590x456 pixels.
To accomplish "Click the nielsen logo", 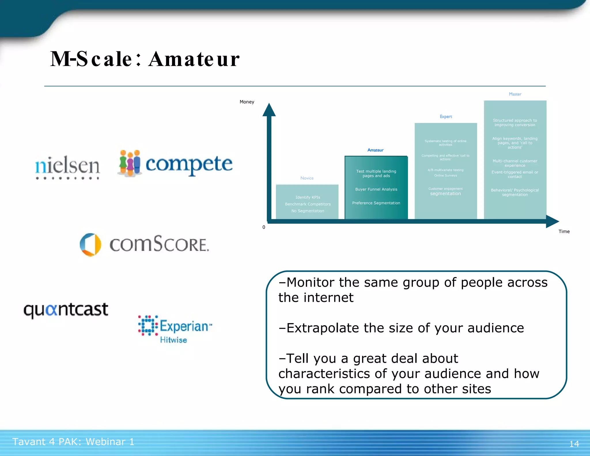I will point(67,166).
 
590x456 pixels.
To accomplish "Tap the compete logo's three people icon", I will point(130,163).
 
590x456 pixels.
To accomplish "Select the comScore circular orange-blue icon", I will point(90,245).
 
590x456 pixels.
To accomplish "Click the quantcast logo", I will point(66,310).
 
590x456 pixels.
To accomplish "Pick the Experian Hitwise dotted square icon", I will point(148,325).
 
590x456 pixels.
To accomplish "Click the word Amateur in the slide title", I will point(194,59).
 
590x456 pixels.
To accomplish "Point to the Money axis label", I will point(247,102).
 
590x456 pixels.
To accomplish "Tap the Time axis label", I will point(564,231).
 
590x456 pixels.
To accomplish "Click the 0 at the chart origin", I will point(264,227).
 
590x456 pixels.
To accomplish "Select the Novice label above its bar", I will point(307,178).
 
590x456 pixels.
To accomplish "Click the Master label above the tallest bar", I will point(515,94).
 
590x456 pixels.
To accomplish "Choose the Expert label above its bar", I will point(446,116).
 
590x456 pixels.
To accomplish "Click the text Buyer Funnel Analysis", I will point(376,189).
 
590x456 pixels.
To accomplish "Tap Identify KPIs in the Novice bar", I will point(308,197).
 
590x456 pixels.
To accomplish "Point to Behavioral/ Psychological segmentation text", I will point(515,192).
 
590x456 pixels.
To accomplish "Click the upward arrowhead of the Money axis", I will point(269,110).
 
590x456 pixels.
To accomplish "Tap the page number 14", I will point(574,444).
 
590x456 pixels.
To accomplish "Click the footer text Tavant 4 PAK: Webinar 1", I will point(73,442).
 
